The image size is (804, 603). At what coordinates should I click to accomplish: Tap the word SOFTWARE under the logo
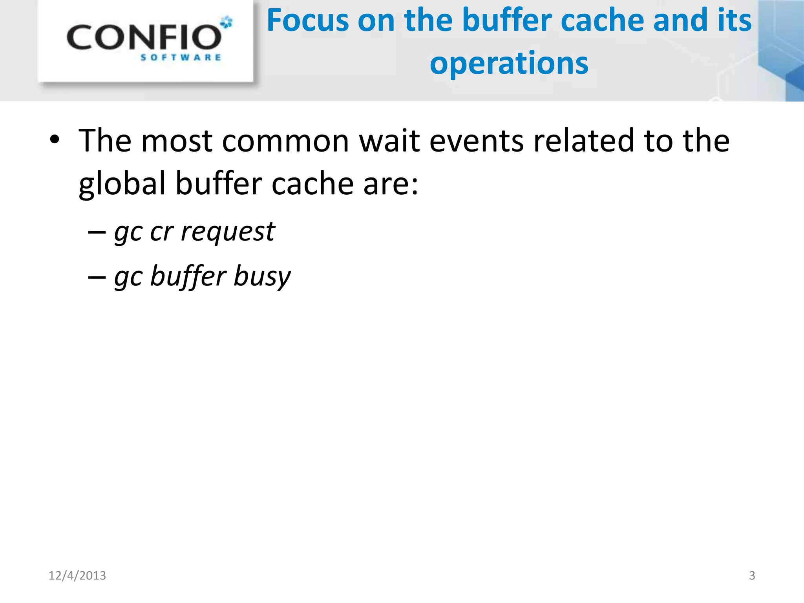181,58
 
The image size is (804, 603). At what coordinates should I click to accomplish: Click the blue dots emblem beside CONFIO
227,22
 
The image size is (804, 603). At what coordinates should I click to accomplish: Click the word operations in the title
509,64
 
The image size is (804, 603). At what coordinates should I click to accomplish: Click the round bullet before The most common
55,140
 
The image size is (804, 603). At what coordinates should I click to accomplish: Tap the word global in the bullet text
122,184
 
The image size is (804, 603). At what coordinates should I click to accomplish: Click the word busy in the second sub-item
262,276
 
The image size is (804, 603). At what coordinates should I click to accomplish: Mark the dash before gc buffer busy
97,277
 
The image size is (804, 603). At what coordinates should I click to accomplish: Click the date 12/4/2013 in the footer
77,576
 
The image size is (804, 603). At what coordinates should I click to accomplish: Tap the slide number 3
752,576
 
